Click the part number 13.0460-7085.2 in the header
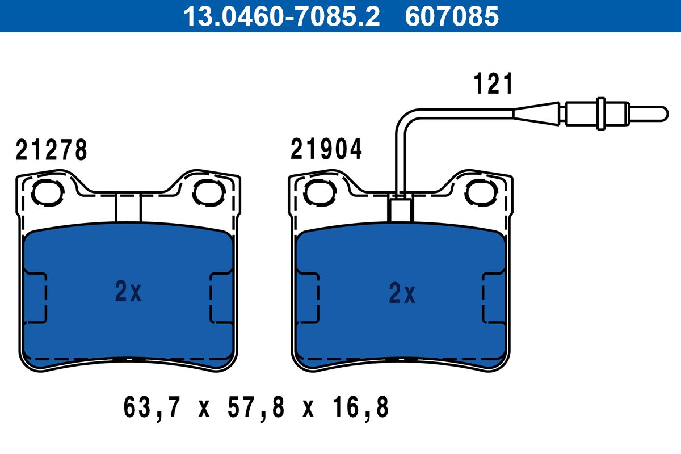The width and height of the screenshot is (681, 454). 281,16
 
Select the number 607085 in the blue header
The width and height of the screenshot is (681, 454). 452,16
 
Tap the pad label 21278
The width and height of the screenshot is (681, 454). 52,150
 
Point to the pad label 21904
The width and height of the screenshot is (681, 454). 326,149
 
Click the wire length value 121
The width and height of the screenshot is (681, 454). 493,83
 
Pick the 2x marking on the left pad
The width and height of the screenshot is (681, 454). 128,291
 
